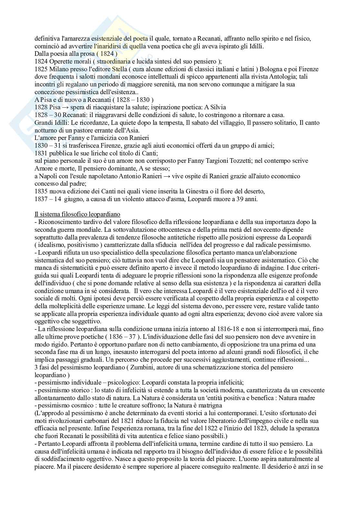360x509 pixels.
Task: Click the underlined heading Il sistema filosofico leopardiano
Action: coord(77,214)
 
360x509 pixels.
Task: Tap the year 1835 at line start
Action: coord(41,191)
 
